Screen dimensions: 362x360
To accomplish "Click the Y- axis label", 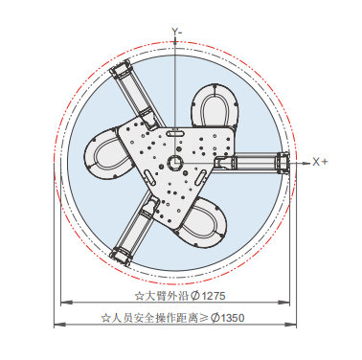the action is pyautogui.click(x=177, y=32).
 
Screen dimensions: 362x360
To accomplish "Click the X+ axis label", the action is pyautogui.click(x=320, y=162).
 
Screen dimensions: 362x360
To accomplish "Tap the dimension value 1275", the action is pyautogui.click(x=214, y=296).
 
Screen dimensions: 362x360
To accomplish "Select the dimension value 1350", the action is pyautogui.click(x=233, y=318).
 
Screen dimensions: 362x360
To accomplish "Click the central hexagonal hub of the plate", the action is pyautogui.click(x=174, y=162).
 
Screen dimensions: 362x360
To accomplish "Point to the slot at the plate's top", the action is pyautogui.click(x=174, y=132).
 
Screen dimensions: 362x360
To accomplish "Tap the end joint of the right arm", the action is pyautogui.click(x=283, y=163).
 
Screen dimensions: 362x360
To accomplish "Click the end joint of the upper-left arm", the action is pyautogui.click(x=121, y=71).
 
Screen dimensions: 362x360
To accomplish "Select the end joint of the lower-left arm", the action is pyautogui.click(x=121, y=256).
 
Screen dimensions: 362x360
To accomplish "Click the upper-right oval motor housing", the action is pyautogui.click(x=214, y=105).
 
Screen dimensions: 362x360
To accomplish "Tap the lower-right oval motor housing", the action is pyautogui.click(x=204, y=222).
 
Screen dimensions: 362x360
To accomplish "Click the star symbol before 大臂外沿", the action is pyautogui.click(x=139, y=296).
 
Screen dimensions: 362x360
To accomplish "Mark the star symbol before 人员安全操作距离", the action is pyautogui.click(x=105, y=318).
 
